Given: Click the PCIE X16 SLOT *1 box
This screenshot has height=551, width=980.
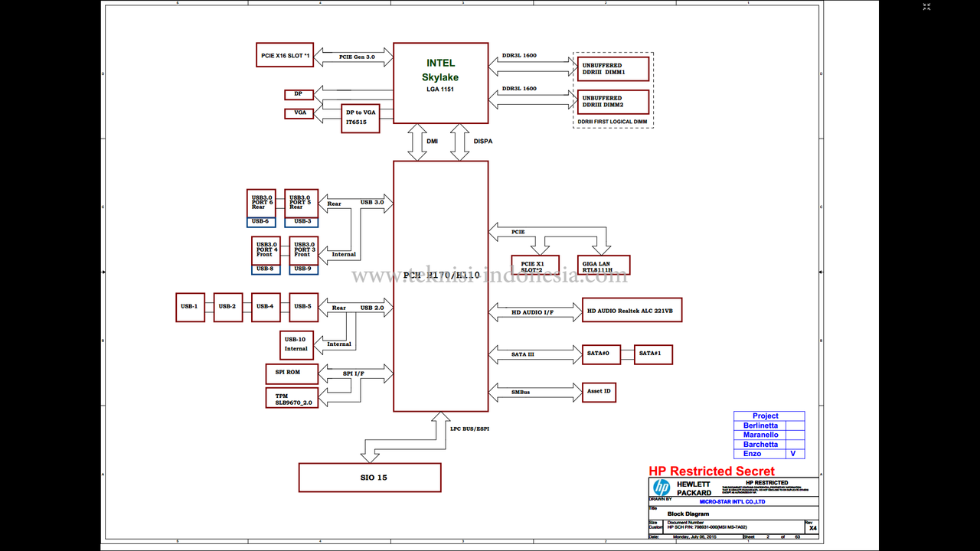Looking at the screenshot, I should tap(285, 55).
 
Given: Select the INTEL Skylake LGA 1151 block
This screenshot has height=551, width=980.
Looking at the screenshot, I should tap(440, 83).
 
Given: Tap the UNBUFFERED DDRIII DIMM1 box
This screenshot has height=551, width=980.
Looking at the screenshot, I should tap(612, 69).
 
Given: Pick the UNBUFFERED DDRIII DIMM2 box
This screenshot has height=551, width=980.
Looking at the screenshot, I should tap(612, 102).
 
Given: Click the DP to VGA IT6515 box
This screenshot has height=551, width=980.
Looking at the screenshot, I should tap(360, 118).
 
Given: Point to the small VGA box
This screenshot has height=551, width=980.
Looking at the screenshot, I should tap(299, 113).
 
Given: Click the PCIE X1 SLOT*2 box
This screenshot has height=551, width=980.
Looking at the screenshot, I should tap(535, 266).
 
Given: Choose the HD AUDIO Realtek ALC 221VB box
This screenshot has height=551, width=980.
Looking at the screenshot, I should tap(632, 310).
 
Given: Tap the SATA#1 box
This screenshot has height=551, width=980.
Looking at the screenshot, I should tap(653, 354).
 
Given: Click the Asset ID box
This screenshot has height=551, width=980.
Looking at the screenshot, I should tap(599, 392).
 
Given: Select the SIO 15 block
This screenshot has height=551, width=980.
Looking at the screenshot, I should tap(370, 478).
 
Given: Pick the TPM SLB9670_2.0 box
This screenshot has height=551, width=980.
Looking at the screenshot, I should tap(293, 397).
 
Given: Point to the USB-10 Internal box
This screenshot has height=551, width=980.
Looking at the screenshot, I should tap(296, 344).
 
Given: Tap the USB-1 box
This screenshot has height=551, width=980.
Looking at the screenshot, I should tap(190, 307).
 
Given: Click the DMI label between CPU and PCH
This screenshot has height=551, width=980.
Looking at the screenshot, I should tap(433, 142).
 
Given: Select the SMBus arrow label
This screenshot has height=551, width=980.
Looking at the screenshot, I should tap(521, 393).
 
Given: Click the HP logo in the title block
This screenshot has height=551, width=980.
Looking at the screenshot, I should tap(661, 487).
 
